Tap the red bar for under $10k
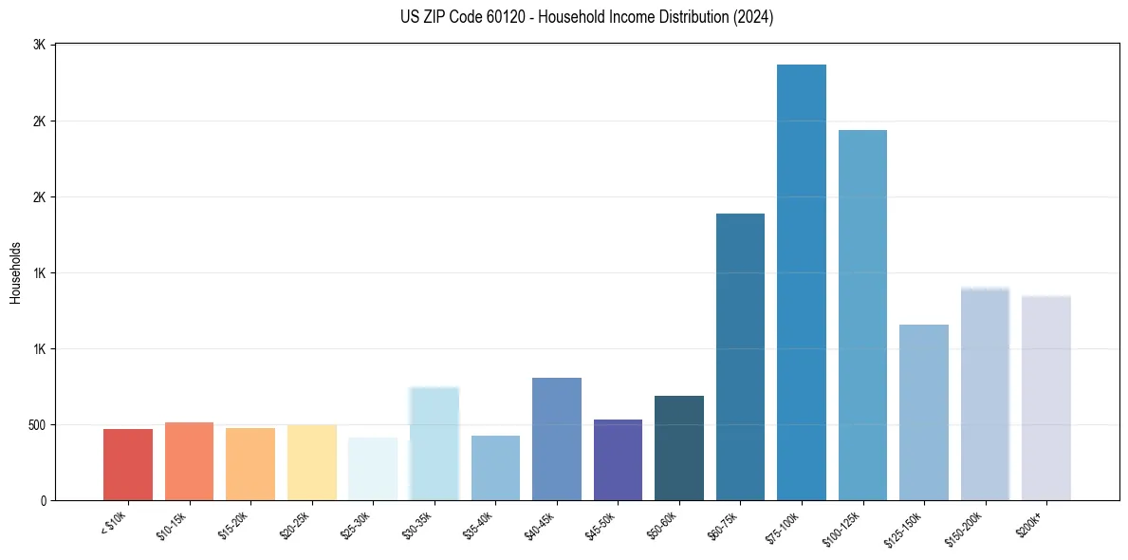(x=128, y=464)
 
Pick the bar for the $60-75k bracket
(x=740, y=357)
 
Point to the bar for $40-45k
(x=557, y=439)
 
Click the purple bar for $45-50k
(x=618, y=459)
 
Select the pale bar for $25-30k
(x=373, y=469)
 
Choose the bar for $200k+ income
(x=1045, y=398)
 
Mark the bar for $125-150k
(x=923, y=412)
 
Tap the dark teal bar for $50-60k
(x=678, y=448)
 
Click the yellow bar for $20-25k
(x=312, y=462)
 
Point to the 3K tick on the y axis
(x=39, y=46)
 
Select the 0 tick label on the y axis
(x=43, y=500)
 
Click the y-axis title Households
(x=15, y=272)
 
